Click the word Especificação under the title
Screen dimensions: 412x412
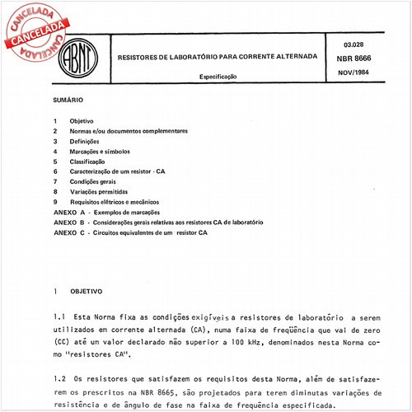coord(218,75)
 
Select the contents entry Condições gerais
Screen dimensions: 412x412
coord(95,181)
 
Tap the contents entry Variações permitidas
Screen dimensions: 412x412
coord(100,191)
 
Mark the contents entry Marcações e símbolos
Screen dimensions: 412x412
coord(100,152)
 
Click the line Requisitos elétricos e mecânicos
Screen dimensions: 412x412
coord(115,201)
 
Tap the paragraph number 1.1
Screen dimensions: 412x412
coord(57,316)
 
